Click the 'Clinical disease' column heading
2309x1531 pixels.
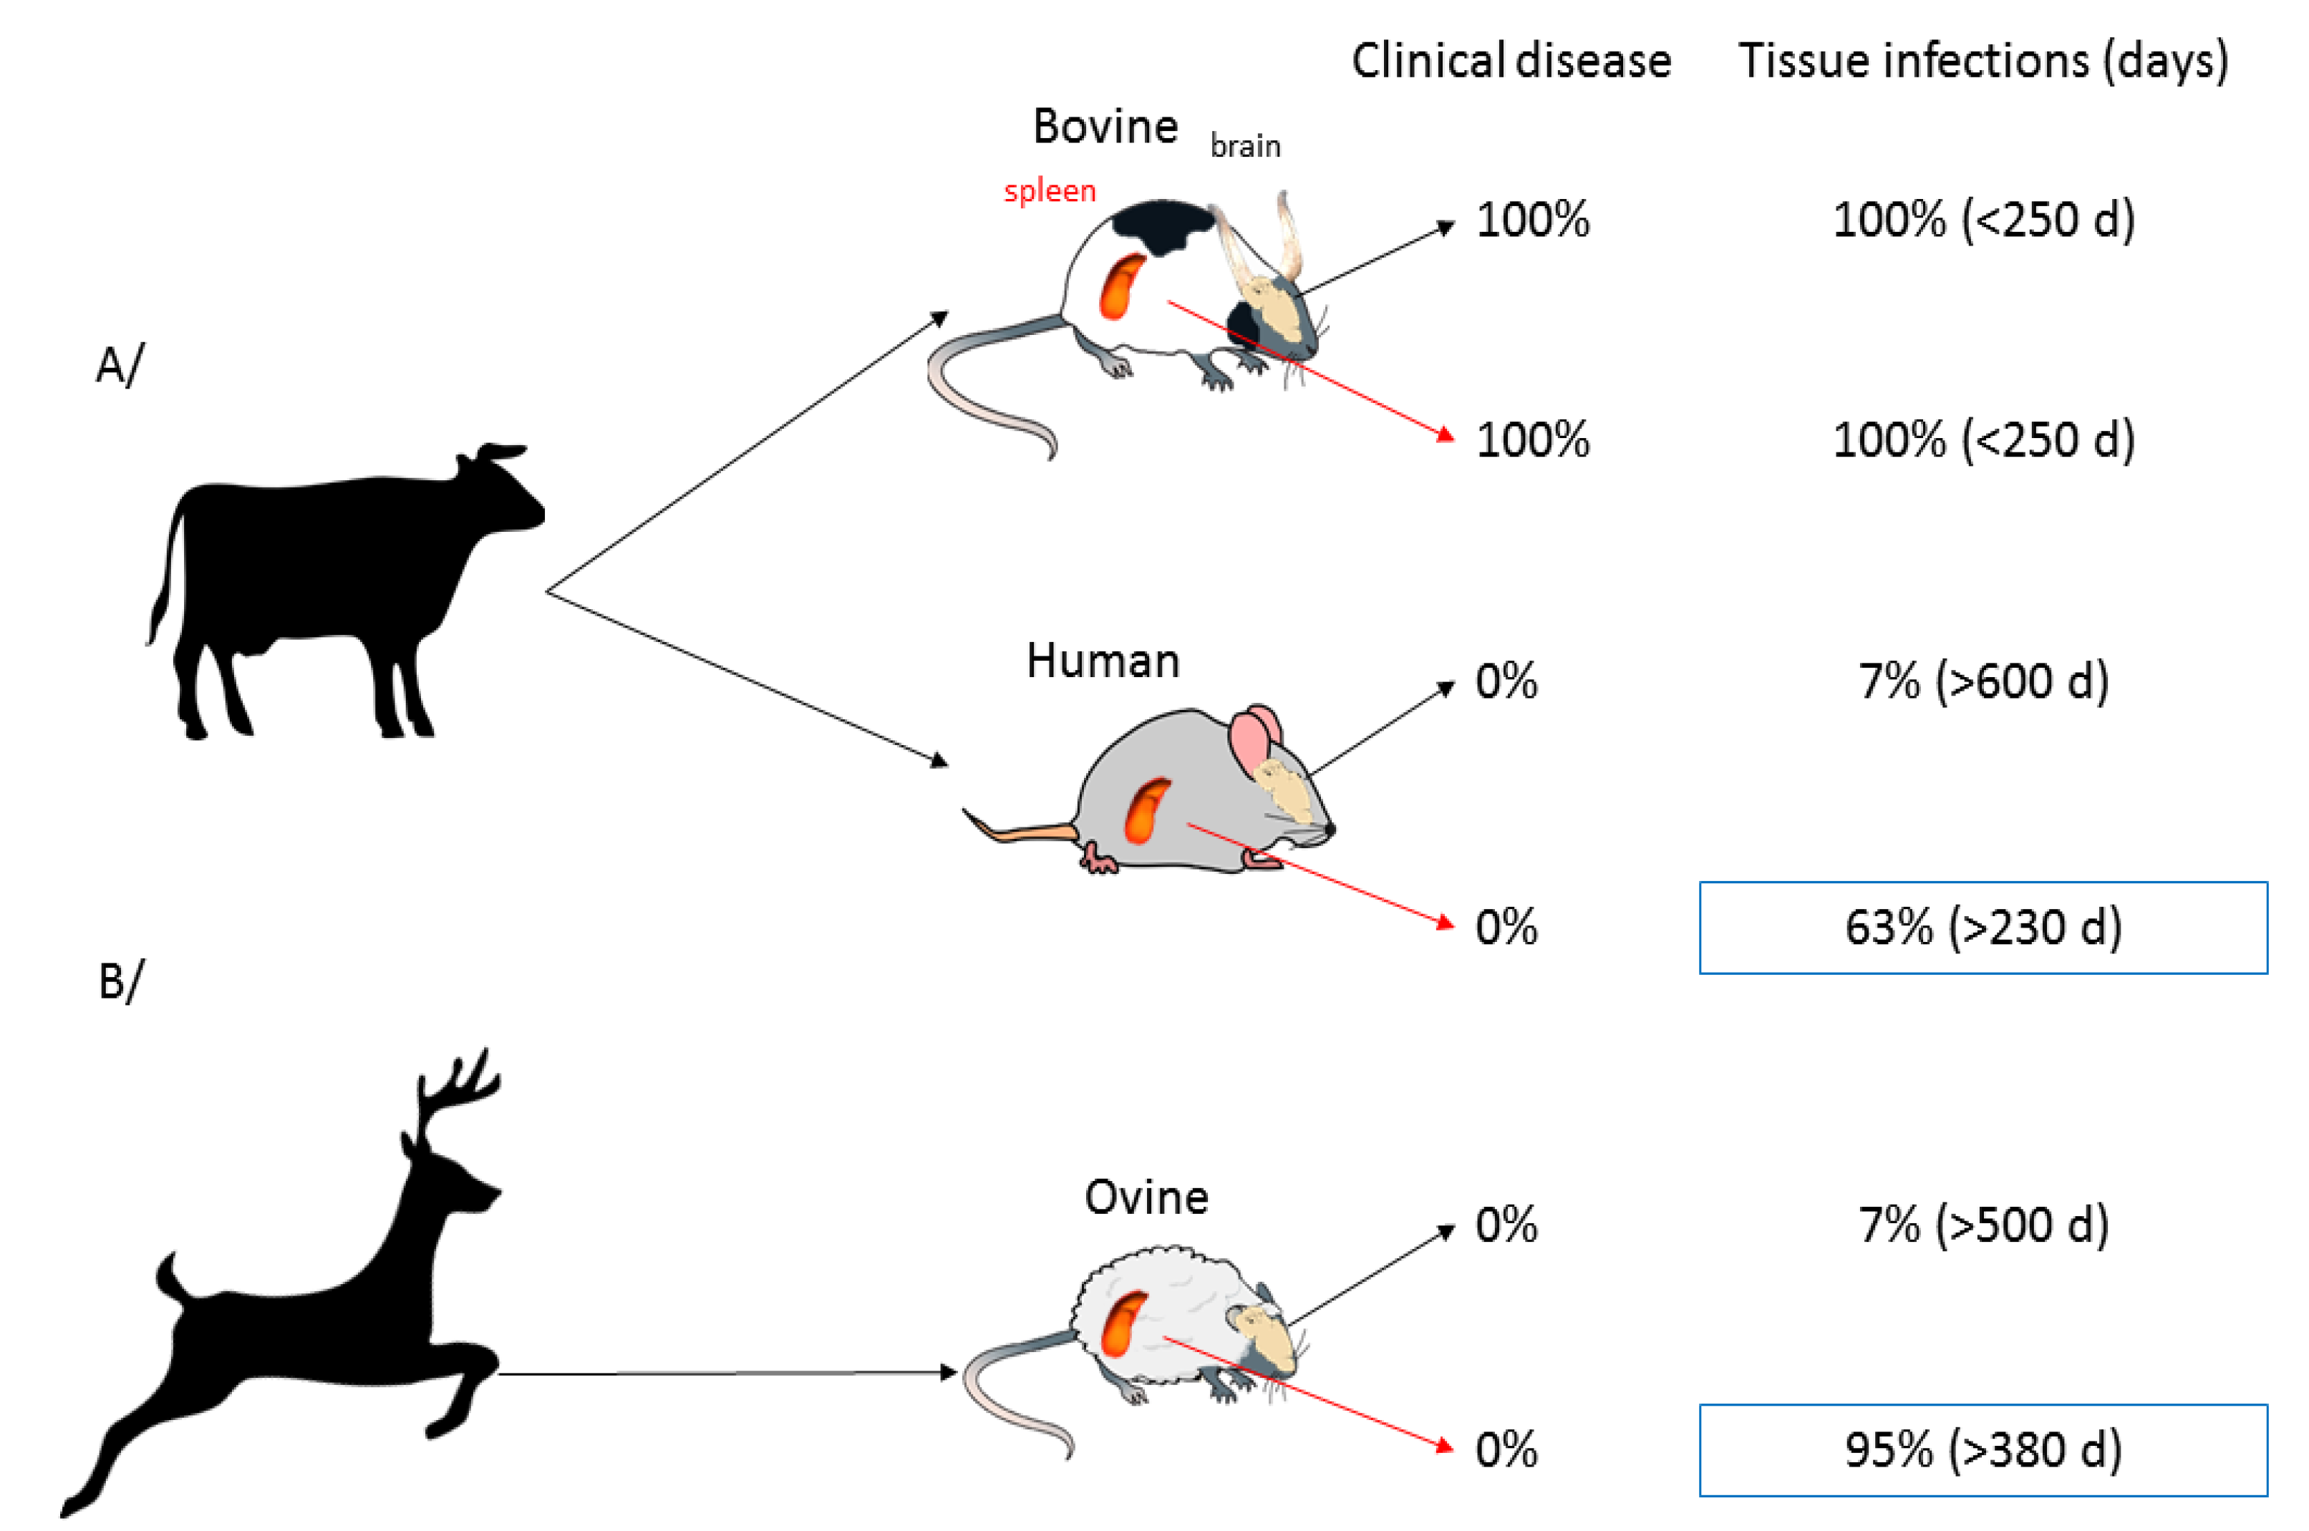click(x=1510, y=61)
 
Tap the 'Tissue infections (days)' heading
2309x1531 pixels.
click(x=1983, y=61)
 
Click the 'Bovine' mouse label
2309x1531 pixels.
click(x=1105, y=127)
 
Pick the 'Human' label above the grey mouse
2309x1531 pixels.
click(x=1103, y=661)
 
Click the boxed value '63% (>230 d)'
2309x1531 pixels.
click(x=1983, y=928)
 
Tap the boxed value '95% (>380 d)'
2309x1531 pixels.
click(x=1983, y=1450)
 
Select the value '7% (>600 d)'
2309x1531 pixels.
click(x=1983, y=681)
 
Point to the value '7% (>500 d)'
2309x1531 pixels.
click(x=1983, y=1225)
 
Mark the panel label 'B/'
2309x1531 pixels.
click(x=119, y=981)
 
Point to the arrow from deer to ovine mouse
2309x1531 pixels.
click(x=723, y=1373)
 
